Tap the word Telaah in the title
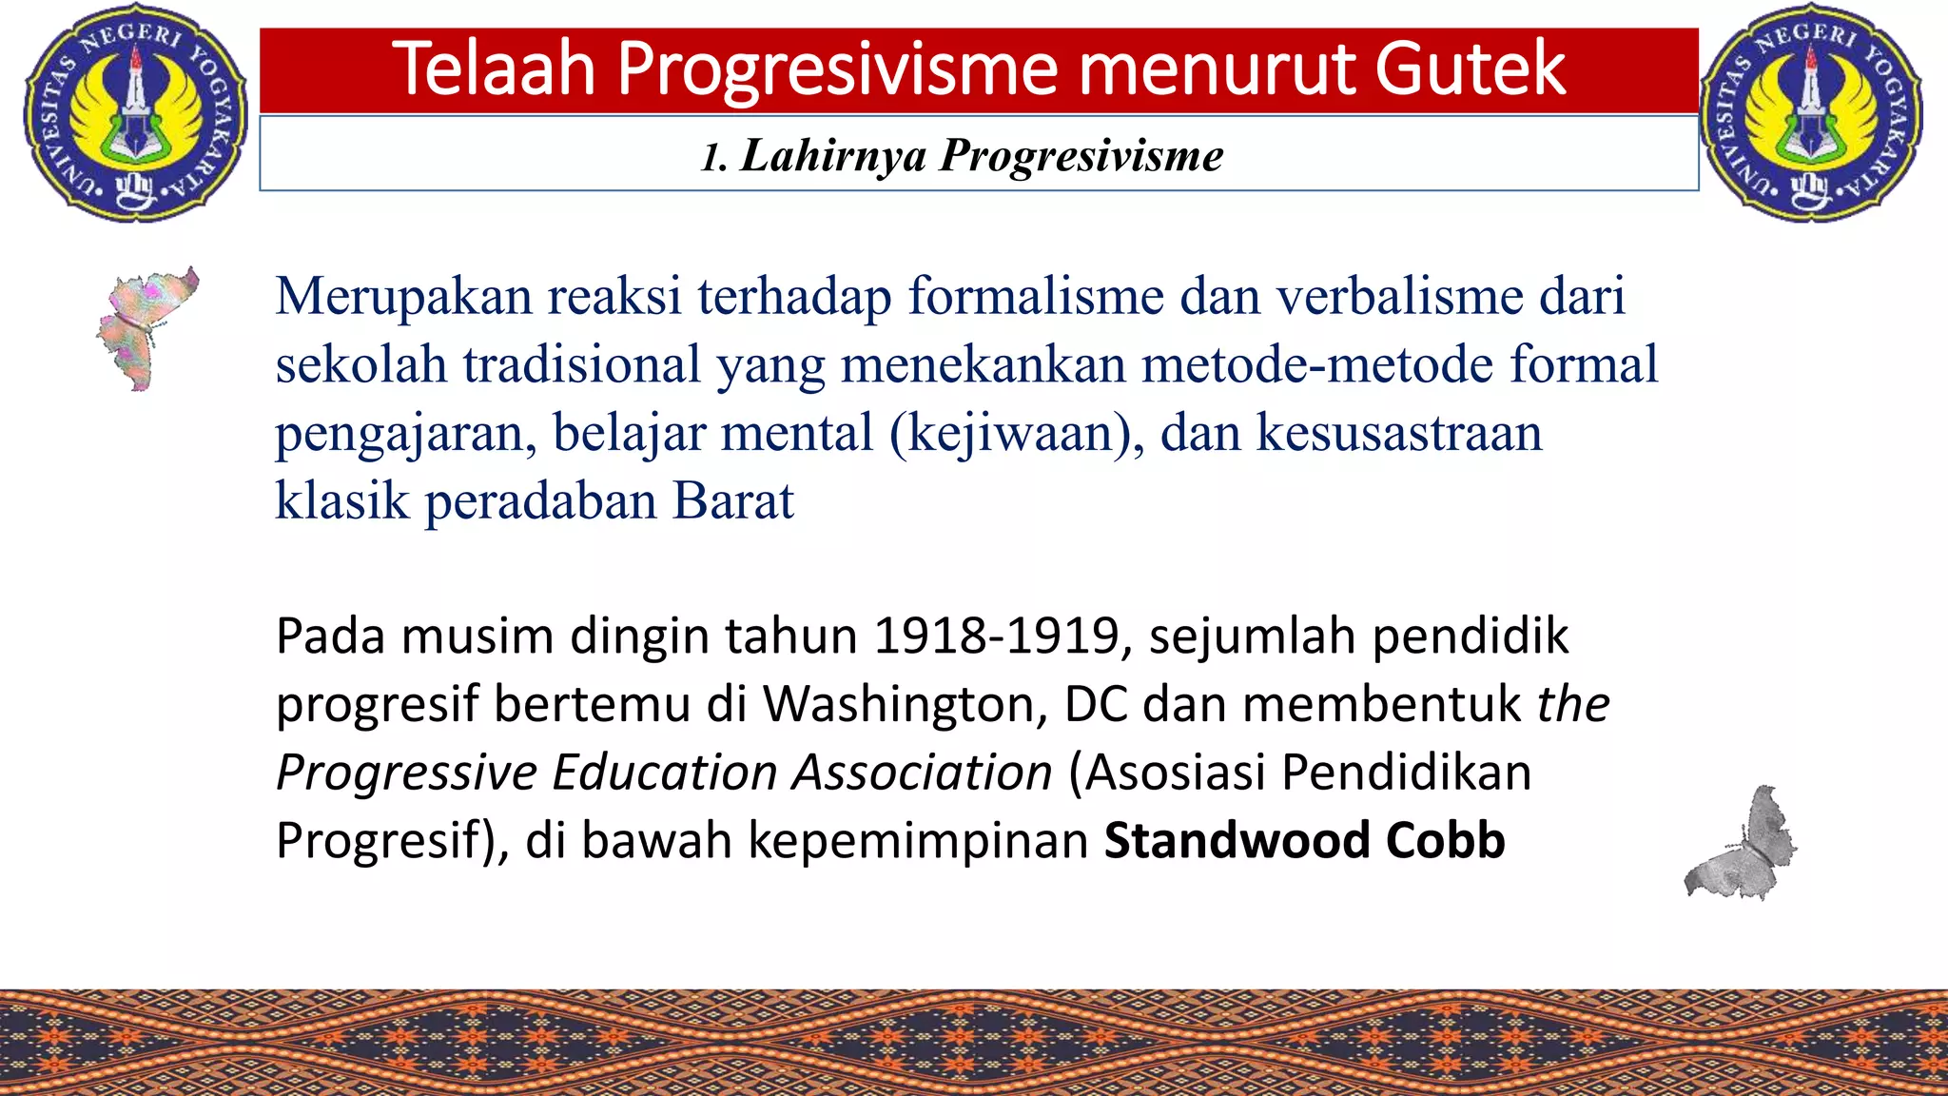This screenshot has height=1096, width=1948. coord(494,68)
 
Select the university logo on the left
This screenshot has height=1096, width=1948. coord(134,112)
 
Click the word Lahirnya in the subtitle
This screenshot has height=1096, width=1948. coord(833,155)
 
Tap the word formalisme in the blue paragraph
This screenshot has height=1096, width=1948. coord(1036,296)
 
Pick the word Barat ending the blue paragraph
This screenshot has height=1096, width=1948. coord(732,500)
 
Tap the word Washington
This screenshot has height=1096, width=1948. coord(905,704)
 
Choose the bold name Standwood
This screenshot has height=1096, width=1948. coord(1237,840)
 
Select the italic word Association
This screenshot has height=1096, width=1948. coord(923,772)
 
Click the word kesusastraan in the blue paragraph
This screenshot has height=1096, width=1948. coord(1399,433)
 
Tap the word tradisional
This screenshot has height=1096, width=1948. coord(582,364)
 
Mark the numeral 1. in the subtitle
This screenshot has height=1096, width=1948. coord(713,157)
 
